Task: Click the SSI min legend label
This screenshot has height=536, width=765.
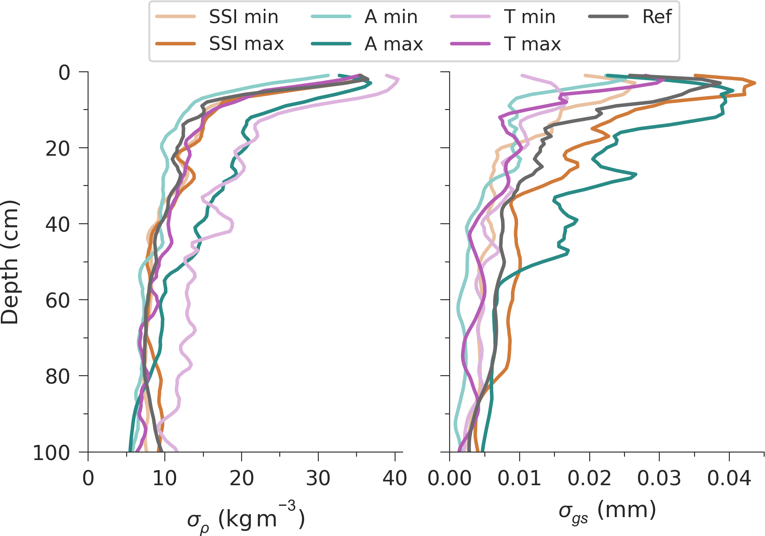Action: click(x=244, y=17)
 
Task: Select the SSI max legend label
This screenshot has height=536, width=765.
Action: click(x=247, y=44)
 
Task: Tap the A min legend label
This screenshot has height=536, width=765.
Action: click(x=391, y=17)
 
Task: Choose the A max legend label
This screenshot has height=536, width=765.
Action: click(x=394, y=44)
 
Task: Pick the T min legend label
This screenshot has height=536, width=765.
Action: click(x=530, y=17)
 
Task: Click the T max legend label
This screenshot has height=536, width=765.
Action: click(x=532, y=44)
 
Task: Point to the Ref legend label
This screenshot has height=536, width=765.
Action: click(x=657, y=17)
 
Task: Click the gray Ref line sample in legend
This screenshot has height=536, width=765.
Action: click(x=609, y=16)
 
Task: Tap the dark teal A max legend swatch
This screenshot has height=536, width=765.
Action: click(x=331, y=43)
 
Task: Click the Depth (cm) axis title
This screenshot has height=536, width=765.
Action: click(x=10, y=262)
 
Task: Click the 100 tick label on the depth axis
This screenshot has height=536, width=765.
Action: click(x=52, y=453)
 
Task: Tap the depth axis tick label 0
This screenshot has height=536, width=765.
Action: click(x=64, y=73)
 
